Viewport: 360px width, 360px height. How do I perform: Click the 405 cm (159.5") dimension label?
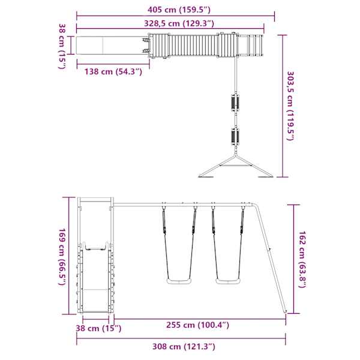tap(179, 10)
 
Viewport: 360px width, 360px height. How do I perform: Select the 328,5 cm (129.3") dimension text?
tap(179, 23)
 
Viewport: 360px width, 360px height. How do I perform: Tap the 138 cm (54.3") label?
tap(113, 71)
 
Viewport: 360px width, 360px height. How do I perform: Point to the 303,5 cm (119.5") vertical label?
tap(290, 106)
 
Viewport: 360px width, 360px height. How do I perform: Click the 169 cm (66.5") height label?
tap(62, 257)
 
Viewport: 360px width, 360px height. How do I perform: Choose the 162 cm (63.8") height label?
tap(302, 259)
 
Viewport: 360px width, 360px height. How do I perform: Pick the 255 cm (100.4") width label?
tap(197, 325)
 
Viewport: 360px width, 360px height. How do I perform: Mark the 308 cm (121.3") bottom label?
tap(184, 346)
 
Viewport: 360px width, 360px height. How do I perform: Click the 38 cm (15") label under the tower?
tap(98, 328)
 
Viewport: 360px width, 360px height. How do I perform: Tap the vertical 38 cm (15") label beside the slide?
tap(62, 46)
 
